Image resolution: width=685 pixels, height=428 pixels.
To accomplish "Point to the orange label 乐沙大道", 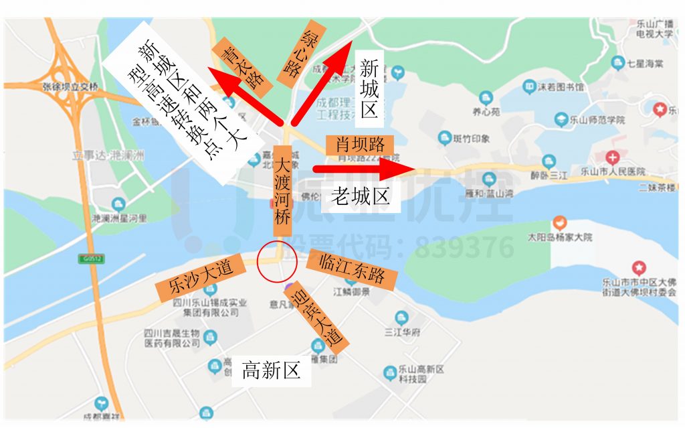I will pyautogui.click(x=193, y=278).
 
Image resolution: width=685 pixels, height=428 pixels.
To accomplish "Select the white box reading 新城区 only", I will pyautogui.click(x=370, y=86).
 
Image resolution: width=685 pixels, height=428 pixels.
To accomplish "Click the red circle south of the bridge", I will pyautogui.click(x=276, y=262).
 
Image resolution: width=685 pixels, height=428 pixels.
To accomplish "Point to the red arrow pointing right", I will pyautogui.click(x=361, y=169).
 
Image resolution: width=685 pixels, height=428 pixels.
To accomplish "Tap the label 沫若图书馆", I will pyautogui.click(x=560, y=87).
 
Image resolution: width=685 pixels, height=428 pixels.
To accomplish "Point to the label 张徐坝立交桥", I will pyautogui.click(x=70, y=86).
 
